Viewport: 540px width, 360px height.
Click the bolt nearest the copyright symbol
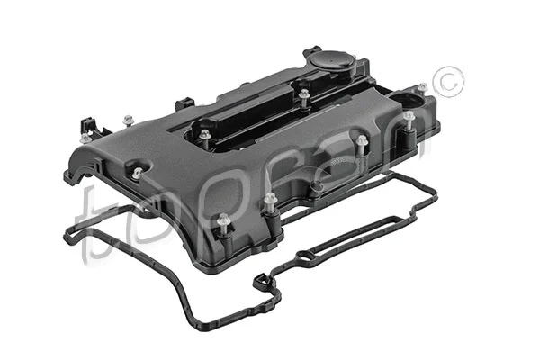pyautogui.click(x=409, y=116)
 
